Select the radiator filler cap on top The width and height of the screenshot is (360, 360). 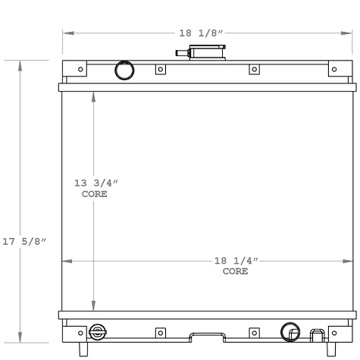click(206, 53)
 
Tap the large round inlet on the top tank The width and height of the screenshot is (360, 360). click(124, 70)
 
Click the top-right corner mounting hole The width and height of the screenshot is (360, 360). click(334, 70)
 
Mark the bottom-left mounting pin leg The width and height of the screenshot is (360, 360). click(83, 349)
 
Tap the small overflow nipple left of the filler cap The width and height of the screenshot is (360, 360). click(182, 53)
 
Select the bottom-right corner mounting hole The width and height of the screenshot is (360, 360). click(334, 332)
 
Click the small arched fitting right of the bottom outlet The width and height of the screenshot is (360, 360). click(315, 334)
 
